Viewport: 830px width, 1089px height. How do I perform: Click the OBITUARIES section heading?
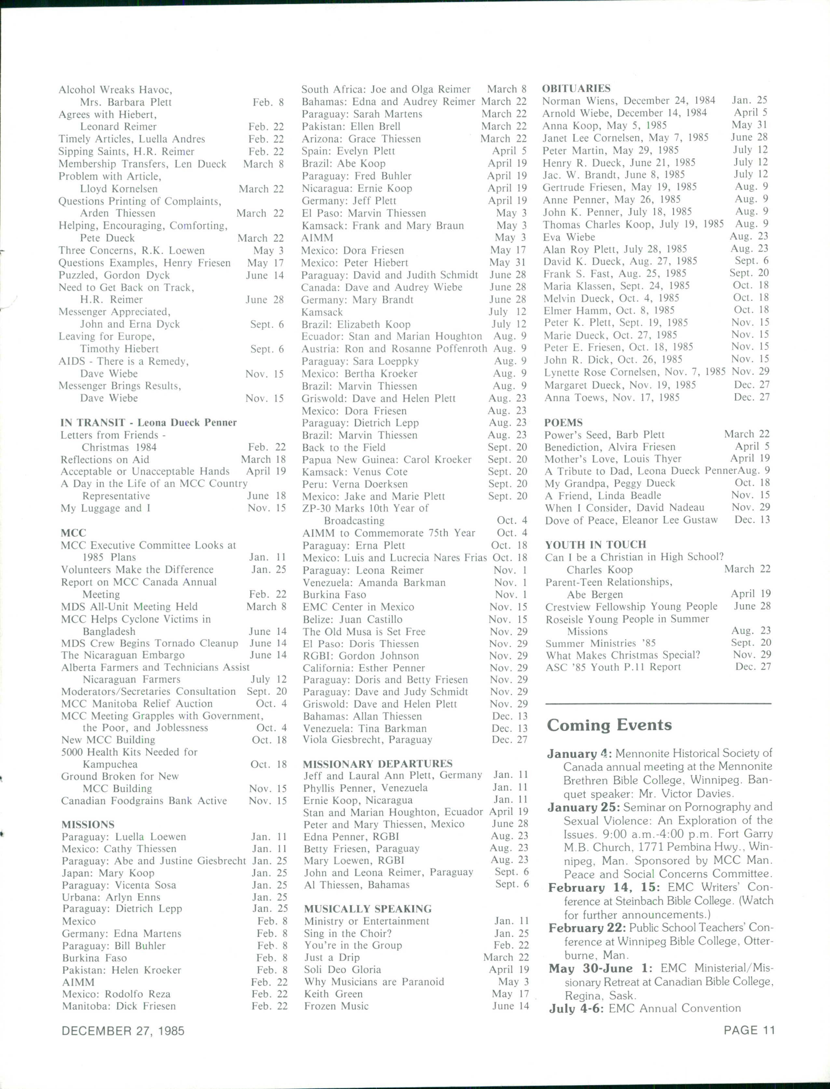click(x=576, y=88)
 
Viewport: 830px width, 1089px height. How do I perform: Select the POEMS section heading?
click(x=563, y=422)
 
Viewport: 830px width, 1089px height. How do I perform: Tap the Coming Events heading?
click(x=609, y=725)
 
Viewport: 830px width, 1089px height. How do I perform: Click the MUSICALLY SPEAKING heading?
click(x=368, y=909)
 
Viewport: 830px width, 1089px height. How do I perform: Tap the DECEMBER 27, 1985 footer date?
click(x=123, y=1031)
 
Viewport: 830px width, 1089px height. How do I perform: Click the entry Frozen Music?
click(x=336, y=1006)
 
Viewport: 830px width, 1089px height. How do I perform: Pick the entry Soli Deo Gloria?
click(x=342, y=969)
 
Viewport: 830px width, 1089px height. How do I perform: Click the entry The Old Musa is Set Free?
click(x=364, y=632)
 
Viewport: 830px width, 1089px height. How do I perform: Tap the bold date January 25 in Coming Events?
click(x=583, y=807)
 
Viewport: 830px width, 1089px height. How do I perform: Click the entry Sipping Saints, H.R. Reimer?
click(x=126, y=151)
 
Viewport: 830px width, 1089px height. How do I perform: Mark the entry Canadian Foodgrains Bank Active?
click(x=144, y=800)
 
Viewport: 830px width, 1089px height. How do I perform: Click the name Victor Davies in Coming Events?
click(x=705, y=794)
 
